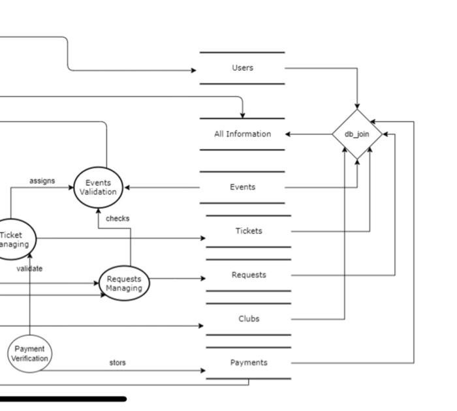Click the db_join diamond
coord(357,134)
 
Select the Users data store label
coord(242,68)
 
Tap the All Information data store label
coord(242,134)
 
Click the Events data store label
coord(242,187)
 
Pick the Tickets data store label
coord(249,231)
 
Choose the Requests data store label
coord(249,275)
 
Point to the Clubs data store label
coord(249,319)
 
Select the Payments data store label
coord(249,363)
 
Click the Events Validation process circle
coord(98,187)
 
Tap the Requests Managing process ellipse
coord(124,284)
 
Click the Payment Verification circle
coord(29,354)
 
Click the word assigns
coord(42,181)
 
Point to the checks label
coord(118,219)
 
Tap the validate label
coord(30,268)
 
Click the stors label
coord(118,363)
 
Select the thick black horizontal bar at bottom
coord(63,399)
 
